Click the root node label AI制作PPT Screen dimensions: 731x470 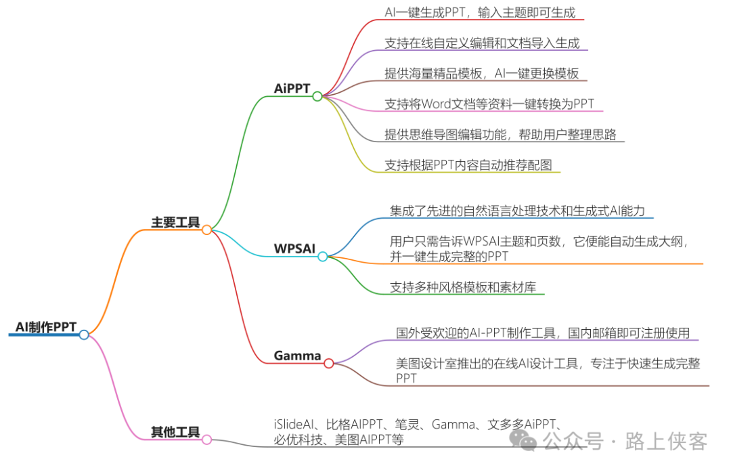(46, 327)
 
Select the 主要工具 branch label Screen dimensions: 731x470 (175, 222)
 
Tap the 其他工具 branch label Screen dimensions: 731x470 (175, 432)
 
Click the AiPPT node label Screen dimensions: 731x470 (291, 89)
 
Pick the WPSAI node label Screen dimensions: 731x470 (294, 249)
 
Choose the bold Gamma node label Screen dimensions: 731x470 (297, 356)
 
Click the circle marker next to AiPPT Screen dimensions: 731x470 (317, 96)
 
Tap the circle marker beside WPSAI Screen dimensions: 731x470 (323, 256)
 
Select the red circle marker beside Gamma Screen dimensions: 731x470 (329, 363)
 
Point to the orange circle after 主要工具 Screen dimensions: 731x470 (207, 230)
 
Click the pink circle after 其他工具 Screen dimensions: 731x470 (207, 440)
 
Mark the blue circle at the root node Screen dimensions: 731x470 (84, 335)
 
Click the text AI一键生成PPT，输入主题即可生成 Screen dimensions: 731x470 (480, 12)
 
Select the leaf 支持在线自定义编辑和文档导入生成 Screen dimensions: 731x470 (482, 43)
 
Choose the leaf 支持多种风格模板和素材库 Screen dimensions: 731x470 (463, 287)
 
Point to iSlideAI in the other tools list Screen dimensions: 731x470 (293, 425)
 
